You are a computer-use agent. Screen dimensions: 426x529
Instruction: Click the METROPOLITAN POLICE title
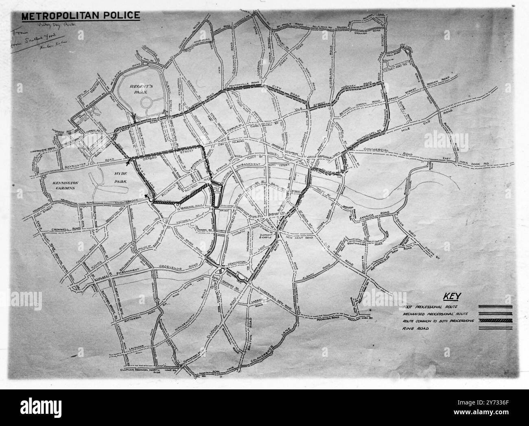(x=81, y=16)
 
